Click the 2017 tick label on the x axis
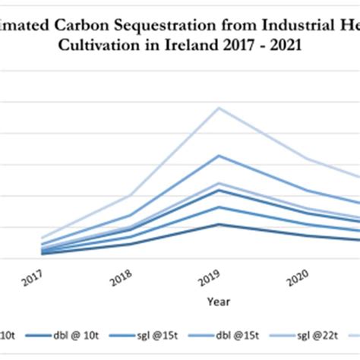click(x=33, y=279)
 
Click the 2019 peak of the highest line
click(x=219, y=108)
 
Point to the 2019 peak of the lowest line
click(x=219, y=224)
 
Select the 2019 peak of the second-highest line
click(x=219, y=156)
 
